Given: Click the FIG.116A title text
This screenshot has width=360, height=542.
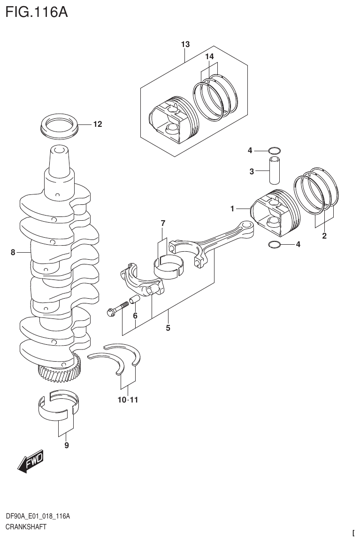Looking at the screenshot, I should tap(37, 11).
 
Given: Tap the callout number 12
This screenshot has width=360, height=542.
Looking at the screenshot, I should tap(97, 124).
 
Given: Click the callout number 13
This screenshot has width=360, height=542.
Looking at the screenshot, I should tap(185, 45).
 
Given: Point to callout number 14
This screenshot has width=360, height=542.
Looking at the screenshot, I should tap(209, 56).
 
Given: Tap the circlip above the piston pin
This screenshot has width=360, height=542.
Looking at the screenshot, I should tap(275, 151).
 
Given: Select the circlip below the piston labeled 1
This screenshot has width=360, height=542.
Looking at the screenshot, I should tap(275, 244).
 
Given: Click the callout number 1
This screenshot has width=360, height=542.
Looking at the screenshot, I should tap(232, 208).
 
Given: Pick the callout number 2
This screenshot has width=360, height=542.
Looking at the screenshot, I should tap(324, 236).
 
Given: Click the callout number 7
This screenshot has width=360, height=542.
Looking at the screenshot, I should tap(163, 223).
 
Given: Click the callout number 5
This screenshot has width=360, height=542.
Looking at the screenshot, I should tap(168, 328).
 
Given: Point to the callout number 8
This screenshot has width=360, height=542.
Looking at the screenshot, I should tap(13, 253).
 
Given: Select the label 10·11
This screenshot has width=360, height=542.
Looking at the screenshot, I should tap(128, 400).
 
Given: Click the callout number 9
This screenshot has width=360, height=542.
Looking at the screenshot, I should tap(66, 445).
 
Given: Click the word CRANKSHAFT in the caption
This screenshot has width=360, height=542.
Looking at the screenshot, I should tap(26, 527).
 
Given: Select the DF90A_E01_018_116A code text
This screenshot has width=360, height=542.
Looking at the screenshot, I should tap(38, 517).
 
